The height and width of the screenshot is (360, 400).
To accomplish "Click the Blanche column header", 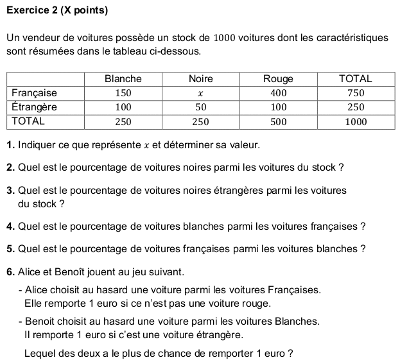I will [123, 79].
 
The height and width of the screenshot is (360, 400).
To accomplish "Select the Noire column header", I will [200, 79].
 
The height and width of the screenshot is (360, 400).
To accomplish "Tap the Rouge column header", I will [278, 79].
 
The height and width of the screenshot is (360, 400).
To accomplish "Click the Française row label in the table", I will [35, 93].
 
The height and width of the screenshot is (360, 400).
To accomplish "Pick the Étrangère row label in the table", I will [35, 107].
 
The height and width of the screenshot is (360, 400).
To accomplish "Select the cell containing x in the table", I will [200, 94].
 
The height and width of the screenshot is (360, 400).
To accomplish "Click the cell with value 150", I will [123, 94].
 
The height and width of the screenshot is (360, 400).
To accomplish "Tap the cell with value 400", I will [278, 94].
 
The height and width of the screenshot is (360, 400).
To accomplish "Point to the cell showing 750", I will [356, 94].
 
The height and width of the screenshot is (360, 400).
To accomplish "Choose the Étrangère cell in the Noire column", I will [200, 107].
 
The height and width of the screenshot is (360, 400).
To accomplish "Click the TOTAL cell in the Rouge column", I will [278, 121].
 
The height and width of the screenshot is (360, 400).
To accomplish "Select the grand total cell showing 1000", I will [356, 121].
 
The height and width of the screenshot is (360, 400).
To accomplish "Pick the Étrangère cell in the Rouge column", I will [278, 107].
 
